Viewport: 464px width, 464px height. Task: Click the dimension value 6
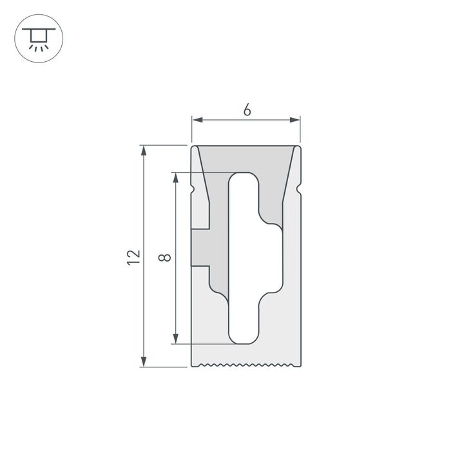(247, 110)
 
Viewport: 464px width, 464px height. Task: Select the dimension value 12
(133, 256)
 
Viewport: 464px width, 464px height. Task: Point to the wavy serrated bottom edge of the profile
(246, 366)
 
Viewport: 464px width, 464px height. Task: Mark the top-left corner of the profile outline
(191, 146)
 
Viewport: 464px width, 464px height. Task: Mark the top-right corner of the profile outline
(301, 146)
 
